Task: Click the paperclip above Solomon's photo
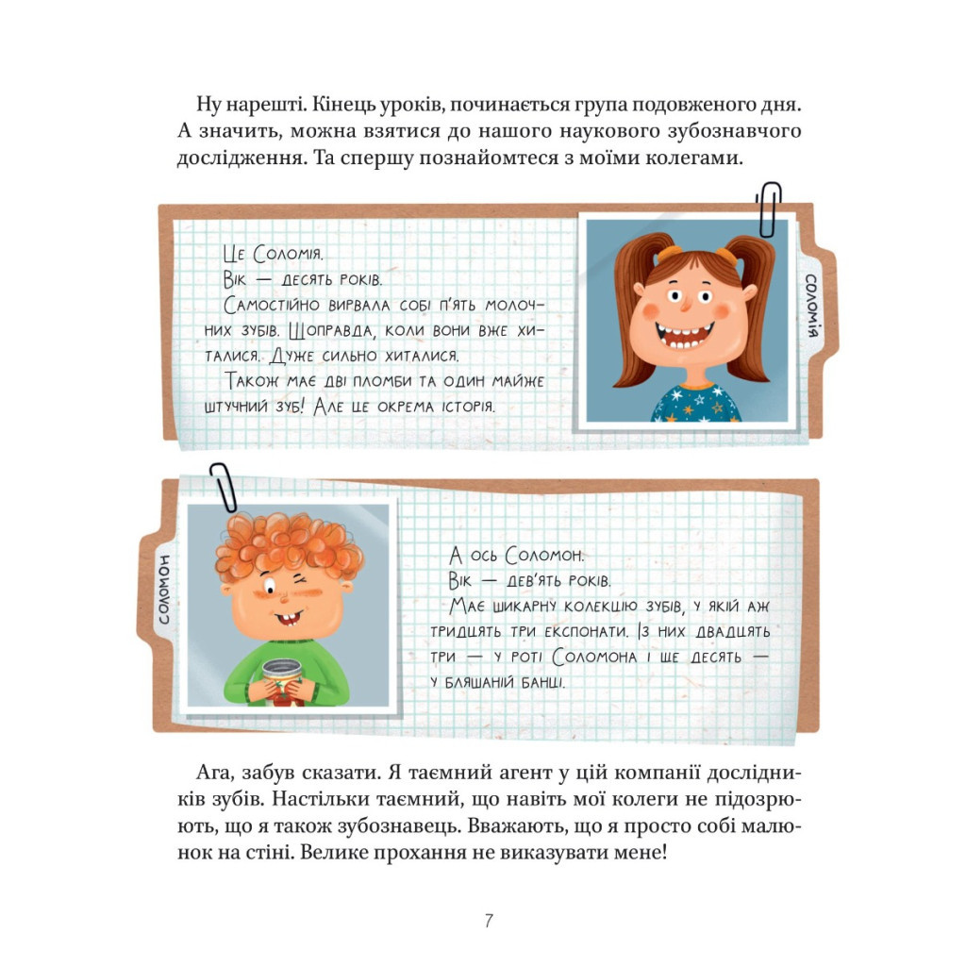(223, 486)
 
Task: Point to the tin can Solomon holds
(280, 677)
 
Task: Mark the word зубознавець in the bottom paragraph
(473, 826)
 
